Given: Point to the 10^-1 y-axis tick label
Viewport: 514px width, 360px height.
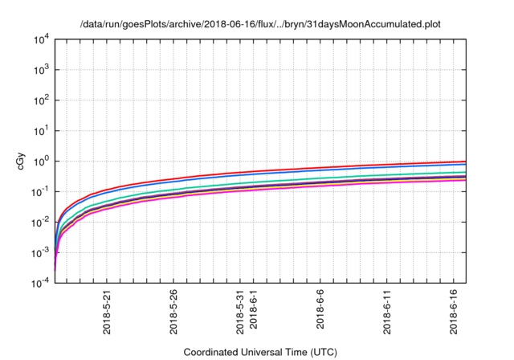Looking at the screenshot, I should coord(40,192).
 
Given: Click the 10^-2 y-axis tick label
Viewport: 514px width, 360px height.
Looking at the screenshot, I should coord(40,223).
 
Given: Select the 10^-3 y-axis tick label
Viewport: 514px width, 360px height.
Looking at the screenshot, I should coord(40,252).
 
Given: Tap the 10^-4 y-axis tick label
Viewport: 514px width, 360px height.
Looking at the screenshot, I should coord(40,283).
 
